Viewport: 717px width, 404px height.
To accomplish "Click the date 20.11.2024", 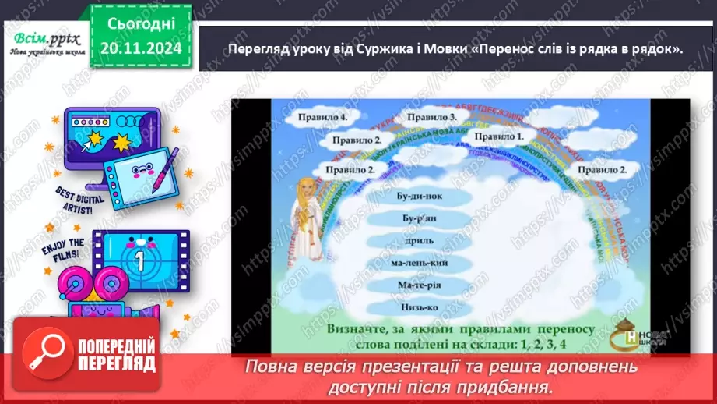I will coord(141,48).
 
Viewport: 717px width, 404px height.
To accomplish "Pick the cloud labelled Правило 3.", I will coord(432,116).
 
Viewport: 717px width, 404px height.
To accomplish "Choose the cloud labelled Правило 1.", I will coord(500,136).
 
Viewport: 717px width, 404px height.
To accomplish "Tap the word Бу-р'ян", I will coord(418,221).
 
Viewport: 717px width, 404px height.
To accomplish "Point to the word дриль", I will coord(418,243).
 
